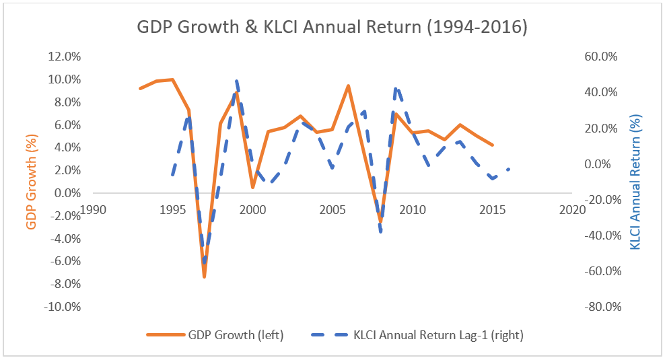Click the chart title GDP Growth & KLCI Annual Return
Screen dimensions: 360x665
pos(332,28)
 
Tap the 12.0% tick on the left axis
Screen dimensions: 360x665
pos(65,57)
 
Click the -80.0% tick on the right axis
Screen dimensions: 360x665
pos(599,307)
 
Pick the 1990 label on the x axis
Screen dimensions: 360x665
pos(94,209)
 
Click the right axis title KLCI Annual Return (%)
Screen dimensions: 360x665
pos(635,182)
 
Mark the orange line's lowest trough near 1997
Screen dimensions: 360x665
pos(204,277)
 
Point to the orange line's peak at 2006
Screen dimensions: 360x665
pos(348,85)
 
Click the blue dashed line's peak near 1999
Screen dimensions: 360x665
pos(237,81)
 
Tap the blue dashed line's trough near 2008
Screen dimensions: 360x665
pos(381,232)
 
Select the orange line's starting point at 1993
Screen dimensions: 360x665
pos(140,88)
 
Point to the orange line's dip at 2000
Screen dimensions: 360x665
pos(252,187)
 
